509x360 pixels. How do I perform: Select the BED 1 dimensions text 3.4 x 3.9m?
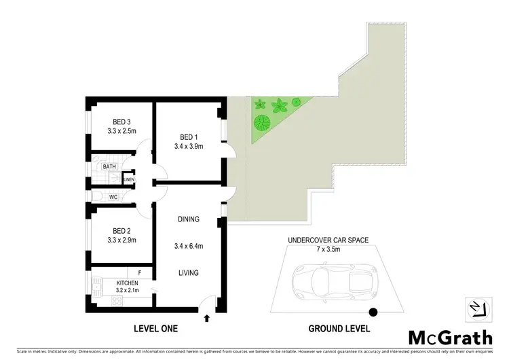(189, 145)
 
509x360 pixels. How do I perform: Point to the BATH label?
(109, 166)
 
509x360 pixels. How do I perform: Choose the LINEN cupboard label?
(129, 179)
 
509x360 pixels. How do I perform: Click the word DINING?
(189, 219)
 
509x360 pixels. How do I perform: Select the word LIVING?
(189, 273)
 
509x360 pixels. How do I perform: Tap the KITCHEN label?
(128, 283)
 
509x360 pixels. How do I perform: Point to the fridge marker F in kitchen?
(139, 272)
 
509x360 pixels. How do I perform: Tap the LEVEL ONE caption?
(155, 329)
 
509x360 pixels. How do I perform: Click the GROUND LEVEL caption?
(339, 329)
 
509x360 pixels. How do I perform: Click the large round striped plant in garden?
(261, 123)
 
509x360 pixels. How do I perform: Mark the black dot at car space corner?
(372, 313)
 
